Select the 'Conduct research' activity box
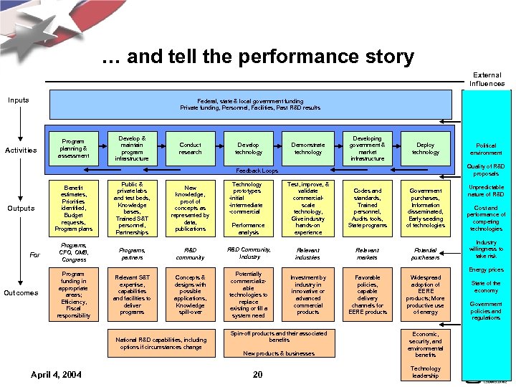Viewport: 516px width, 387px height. tap(191, 148)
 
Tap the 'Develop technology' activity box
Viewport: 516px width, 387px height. tap(249, 148)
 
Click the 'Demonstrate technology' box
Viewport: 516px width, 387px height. tap(308, 148)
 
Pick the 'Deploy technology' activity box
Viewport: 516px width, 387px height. tap(425, 148)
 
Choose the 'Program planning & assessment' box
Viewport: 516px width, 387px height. tap(74, 148)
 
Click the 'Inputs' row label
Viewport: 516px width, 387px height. tap(19, 100)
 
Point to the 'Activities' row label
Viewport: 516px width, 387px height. tap(21, 150)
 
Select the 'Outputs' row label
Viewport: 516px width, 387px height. tap(21, 209)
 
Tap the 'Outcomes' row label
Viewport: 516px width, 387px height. tap(21, 293)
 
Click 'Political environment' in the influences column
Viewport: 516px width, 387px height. tap(486, 149)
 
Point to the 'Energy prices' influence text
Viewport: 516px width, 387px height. tap(486, 270)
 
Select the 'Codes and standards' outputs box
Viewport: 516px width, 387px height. tap(367, 208)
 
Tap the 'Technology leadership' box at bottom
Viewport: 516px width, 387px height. tap(425, 372)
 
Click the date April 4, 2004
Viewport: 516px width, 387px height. tap(56, 375)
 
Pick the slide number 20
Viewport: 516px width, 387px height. tap(258, 375)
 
